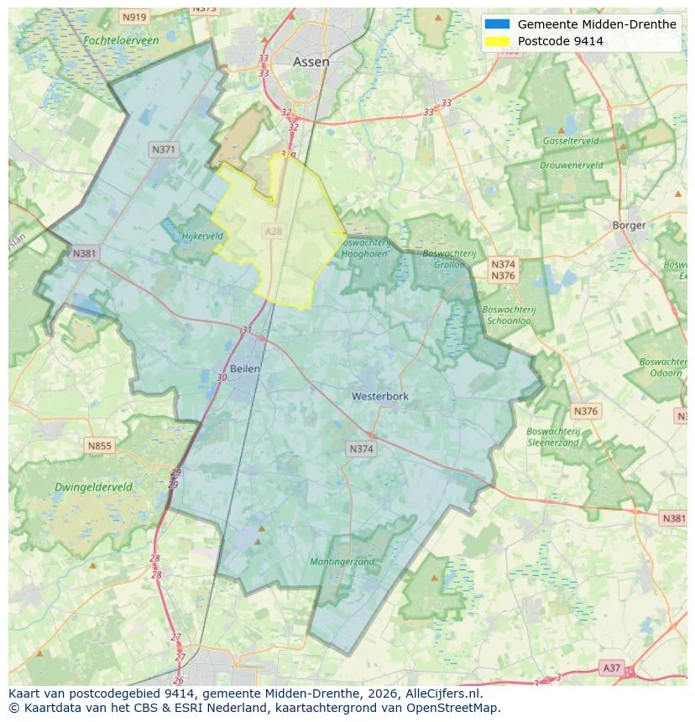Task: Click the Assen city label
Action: click(311, 62)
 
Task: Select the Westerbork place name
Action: click(379, 396)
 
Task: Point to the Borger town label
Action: click(629, 225)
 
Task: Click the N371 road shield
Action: click(164, 149)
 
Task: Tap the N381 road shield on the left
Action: click(84, 253)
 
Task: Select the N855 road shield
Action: click(99, 446)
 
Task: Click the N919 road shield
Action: click(133, 17)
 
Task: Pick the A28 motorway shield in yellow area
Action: click(274, 231)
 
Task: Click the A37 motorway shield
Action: click(612, 667)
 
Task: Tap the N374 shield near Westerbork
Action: click(361, 449)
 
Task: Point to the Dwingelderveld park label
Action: click(93, 486)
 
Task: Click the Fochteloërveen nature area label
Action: click(121, 39)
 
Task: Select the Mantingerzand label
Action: click(342, 562)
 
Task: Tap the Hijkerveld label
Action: click(202, 236)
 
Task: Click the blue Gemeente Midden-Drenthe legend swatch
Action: click(497, 24)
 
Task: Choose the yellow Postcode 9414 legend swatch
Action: click(497, 41)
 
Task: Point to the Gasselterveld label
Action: click(570, 141)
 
